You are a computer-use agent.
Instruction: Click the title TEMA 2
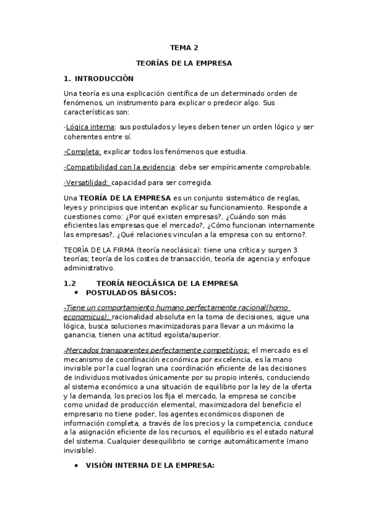click(x=184, y=47)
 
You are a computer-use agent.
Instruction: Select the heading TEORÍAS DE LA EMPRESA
click(x=184, y=63)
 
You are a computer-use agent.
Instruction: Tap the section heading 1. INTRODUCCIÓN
click(x=98, y=79)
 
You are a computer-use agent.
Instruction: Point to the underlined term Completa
click(x=83, y=151)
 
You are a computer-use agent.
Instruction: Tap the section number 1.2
click(x=69, y=283)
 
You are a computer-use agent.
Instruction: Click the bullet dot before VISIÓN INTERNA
click(x=76, y=466)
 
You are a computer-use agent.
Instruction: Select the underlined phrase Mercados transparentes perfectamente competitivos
click(x=156, y=348)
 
